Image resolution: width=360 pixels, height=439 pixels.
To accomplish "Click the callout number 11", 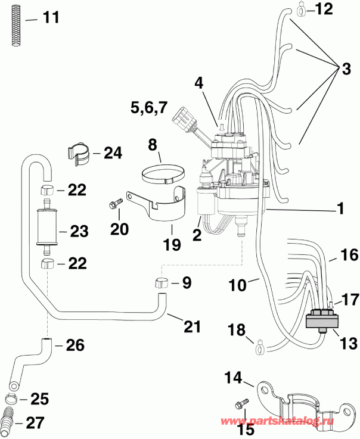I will [51, 17].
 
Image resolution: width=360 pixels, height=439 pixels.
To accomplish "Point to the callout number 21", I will [191, 326].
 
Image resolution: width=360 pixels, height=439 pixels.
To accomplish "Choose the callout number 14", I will [233, 377].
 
